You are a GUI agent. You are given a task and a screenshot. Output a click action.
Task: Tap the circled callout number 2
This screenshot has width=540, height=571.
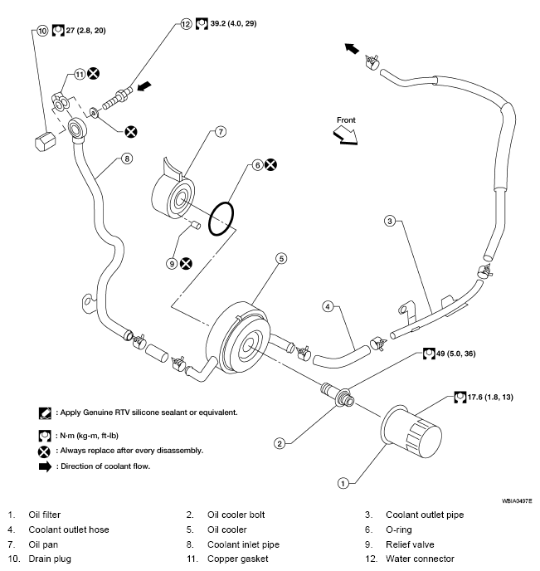tap(280, 443)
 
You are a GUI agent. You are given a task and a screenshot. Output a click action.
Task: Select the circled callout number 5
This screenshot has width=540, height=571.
tap(281, 259)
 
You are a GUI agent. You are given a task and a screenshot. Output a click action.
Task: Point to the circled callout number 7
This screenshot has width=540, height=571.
tap(221, 132)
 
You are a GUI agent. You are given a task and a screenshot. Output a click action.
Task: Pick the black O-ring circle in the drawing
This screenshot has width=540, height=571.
tap(221, 217)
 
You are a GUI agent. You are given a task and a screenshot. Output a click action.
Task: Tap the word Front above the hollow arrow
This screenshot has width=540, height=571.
tap(346, 120)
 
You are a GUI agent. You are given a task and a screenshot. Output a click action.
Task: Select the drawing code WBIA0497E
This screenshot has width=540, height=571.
tap(516, 502)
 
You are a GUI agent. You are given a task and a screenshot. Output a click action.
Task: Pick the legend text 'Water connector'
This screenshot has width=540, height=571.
tap(426, 559)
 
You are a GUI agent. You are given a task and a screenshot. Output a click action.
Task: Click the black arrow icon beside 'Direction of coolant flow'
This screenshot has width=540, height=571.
tap(45, 466)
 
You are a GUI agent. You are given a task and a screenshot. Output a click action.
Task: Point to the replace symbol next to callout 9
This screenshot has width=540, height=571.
tap(187, 263)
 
